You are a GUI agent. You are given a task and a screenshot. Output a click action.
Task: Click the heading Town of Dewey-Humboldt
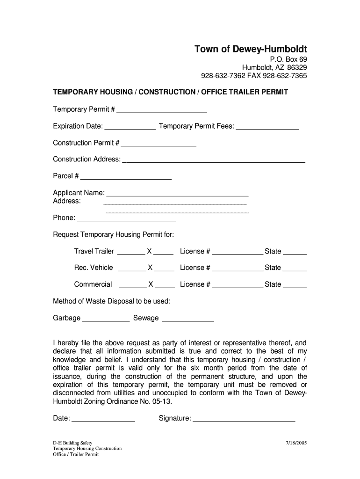(251, 49)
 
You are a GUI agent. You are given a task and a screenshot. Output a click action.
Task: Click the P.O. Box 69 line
(288, 59)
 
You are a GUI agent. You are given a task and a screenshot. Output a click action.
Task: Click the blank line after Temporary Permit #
(162, 110)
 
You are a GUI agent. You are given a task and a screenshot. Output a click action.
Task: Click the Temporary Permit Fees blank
(267, 127)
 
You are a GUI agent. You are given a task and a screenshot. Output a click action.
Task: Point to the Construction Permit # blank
(158, 144)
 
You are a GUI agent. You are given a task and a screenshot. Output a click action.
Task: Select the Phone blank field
(126, 218)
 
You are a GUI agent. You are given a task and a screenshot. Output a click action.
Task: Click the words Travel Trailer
(94, 252)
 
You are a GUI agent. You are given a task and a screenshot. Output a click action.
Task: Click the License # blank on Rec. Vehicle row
(238, 269)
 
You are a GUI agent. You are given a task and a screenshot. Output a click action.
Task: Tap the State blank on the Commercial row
(295, 285)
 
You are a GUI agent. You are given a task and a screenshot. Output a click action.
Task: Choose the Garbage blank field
(106, 319)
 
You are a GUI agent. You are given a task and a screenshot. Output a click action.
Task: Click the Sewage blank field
(187, 319)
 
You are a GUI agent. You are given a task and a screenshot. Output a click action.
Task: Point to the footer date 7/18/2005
(296, 443)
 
